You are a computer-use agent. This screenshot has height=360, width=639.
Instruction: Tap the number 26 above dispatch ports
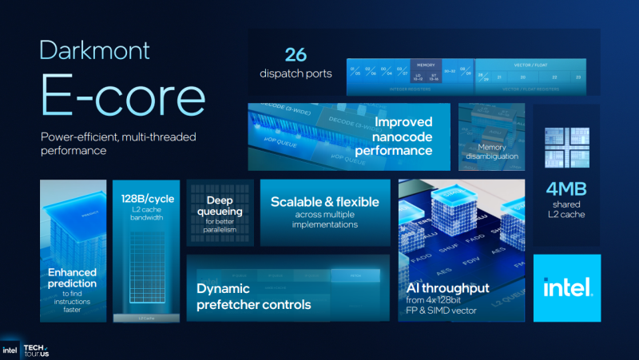(296, 55)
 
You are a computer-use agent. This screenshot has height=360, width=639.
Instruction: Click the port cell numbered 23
(577, 77)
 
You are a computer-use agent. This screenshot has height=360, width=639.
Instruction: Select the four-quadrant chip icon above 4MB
(566, 148)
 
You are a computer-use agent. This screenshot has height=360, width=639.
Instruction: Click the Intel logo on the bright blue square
(567, 287)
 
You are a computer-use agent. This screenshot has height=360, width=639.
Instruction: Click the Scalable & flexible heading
(324, 202)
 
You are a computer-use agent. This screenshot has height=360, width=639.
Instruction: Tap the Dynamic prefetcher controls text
(254, 297)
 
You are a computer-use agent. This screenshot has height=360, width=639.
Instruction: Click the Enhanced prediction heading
(73, 277)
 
